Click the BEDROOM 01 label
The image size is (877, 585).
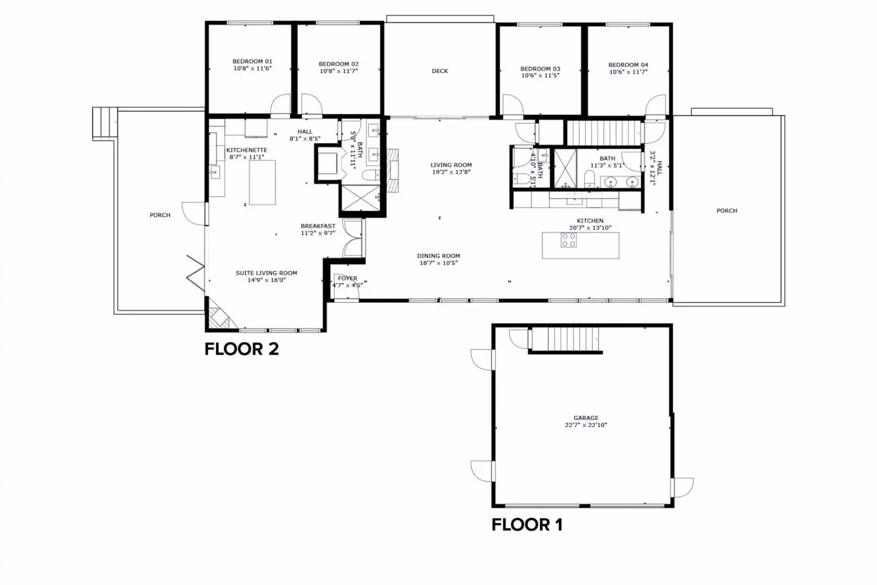pos(252,61)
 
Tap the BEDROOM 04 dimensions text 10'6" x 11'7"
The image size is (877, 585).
pos(628,72)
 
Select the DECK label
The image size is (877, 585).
pos(439,71)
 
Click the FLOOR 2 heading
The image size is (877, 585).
pos(241,349)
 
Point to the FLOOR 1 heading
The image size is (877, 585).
pos(527,525)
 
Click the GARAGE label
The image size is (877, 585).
pos(586,418)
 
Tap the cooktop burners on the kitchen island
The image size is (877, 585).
pos(568,240)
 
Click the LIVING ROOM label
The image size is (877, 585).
pos(451,165)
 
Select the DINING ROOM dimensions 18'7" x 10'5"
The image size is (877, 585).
pos(438,263)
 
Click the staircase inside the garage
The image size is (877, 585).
pos(565,339)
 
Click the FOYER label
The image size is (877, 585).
pos(347,278)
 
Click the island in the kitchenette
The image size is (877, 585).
pos(262,182)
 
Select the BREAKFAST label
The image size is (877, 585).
pos(318,226)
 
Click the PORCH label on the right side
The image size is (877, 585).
pos(726,211)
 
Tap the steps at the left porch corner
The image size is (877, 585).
pos(104,123)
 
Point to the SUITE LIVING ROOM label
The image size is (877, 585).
pos(266,273)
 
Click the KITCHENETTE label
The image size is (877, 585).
pos(247,150)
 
